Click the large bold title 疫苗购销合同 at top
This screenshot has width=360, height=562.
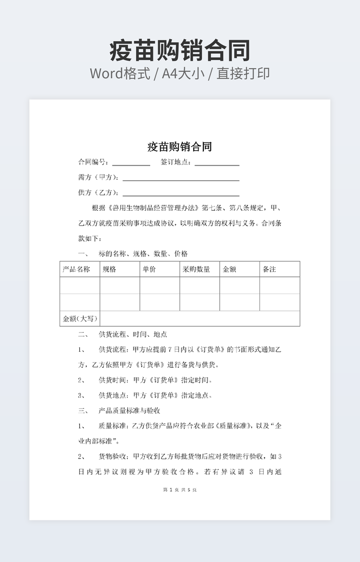pos(179,51)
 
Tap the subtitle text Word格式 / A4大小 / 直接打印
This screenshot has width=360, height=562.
pos(179,73)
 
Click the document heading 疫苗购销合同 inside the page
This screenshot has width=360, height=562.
pos(179,146)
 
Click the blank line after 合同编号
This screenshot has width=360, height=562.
pos(131,163)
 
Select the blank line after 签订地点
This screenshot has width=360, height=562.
pos(217,163)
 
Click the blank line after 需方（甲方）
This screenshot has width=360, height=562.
pos(181,178)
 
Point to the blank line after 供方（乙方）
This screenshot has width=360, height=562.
pos(181,193)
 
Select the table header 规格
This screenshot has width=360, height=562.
pos(109,269)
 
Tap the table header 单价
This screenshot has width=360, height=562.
pos(149,269)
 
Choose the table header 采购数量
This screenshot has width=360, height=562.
pos(196,269)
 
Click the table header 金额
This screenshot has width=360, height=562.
pos(229,269)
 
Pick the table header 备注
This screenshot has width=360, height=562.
pos(269,269)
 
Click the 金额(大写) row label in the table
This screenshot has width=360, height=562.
pos(80,319)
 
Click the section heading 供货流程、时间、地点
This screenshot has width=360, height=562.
pos(133,334)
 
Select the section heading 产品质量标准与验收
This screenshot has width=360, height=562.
pos(129,411)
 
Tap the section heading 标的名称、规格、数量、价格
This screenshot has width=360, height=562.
pos(143,254)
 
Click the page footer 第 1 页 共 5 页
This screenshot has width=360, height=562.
pos(179,490)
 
